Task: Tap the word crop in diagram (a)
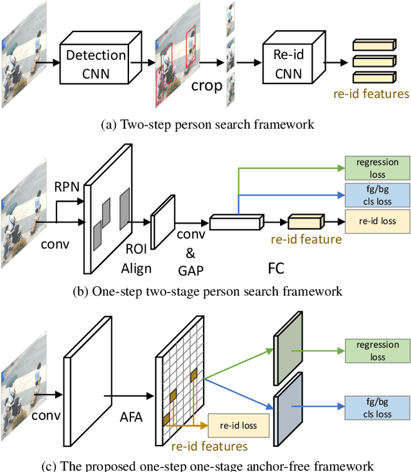click(x=206, y=86)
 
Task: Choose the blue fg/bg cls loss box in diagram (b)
click(x=377, y=195)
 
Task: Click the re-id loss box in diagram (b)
click(x=377, y=221)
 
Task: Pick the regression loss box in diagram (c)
click(x=377, y=350)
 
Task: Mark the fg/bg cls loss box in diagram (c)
click(x=377, y=408)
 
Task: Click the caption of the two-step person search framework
click(x=208, y=124)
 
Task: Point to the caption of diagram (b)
click(x=208, y=291)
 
